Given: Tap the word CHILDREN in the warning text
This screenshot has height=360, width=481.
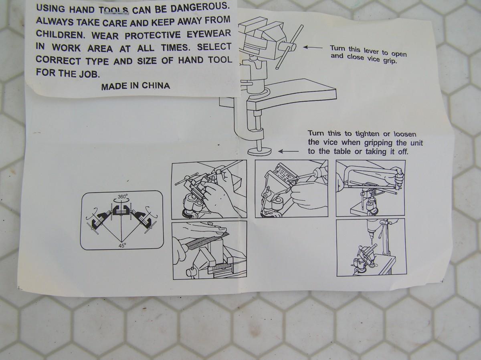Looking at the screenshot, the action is point(60,34).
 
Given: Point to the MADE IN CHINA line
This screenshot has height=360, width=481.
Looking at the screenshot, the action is point(135,86).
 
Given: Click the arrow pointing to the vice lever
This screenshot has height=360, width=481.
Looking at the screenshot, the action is point(313,47).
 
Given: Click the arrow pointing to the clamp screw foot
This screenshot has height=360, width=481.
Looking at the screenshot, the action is point(288,151).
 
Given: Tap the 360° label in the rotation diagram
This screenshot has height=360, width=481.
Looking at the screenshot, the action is point(123,197).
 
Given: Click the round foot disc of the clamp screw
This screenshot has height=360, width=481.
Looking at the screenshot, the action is point(259,152).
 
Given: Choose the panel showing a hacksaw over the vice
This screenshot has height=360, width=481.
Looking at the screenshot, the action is point(370,188).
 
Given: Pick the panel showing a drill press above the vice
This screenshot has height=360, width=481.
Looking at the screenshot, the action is point(372,247).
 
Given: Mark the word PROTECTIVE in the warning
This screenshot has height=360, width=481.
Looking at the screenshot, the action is point(153,35).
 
